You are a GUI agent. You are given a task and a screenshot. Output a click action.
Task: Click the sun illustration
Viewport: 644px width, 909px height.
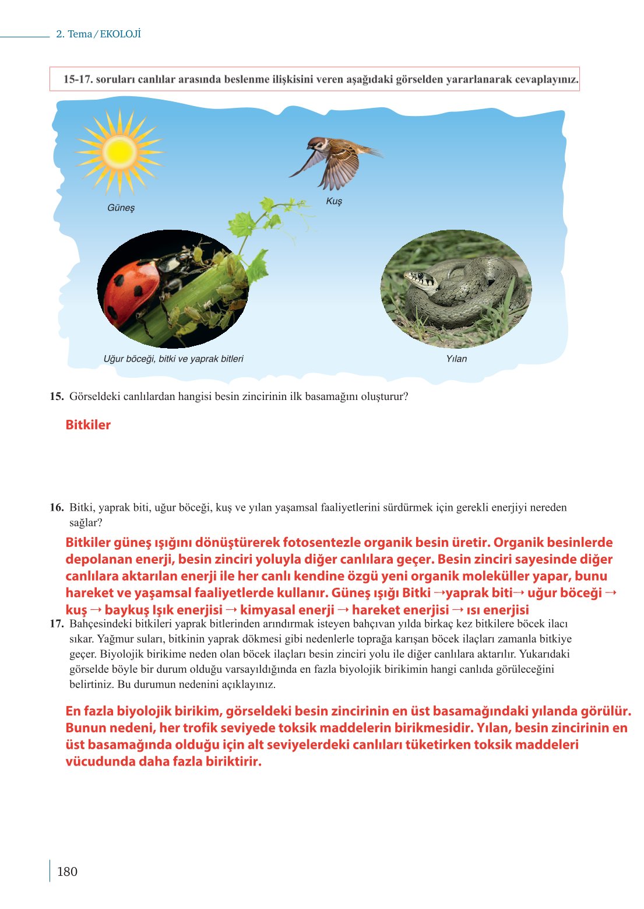tap(119, 152)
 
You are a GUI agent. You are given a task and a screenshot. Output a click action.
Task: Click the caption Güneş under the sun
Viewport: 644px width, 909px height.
tap(121, 208)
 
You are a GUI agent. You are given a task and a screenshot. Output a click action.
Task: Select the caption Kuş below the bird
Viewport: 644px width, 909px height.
tap(334, 201)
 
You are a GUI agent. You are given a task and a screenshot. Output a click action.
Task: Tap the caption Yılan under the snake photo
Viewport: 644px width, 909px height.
tap(456, 359)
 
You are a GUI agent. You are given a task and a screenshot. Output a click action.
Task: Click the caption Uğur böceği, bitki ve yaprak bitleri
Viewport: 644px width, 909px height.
tap(173, 359)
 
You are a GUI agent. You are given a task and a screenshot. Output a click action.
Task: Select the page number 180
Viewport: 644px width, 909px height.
tap(67, 872)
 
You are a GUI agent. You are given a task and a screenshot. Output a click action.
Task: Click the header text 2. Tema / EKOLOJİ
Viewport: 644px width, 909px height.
tap(98, 34)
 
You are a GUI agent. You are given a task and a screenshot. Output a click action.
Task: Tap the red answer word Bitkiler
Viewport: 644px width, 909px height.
tap(88, 425)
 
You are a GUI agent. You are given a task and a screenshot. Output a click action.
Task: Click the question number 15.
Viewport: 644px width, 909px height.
tap(57, 396)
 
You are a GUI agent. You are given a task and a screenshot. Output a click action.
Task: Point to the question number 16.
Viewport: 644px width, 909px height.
tap(57, 507)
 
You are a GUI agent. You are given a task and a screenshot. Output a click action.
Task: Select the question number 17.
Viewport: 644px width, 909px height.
tap(57, 624)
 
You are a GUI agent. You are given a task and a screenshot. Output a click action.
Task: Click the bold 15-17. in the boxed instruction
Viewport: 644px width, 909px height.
tap(78, 79)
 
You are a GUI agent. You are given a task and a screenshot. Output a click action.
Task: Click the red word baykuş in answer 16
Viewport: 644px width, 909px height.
tap(127, 610)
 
